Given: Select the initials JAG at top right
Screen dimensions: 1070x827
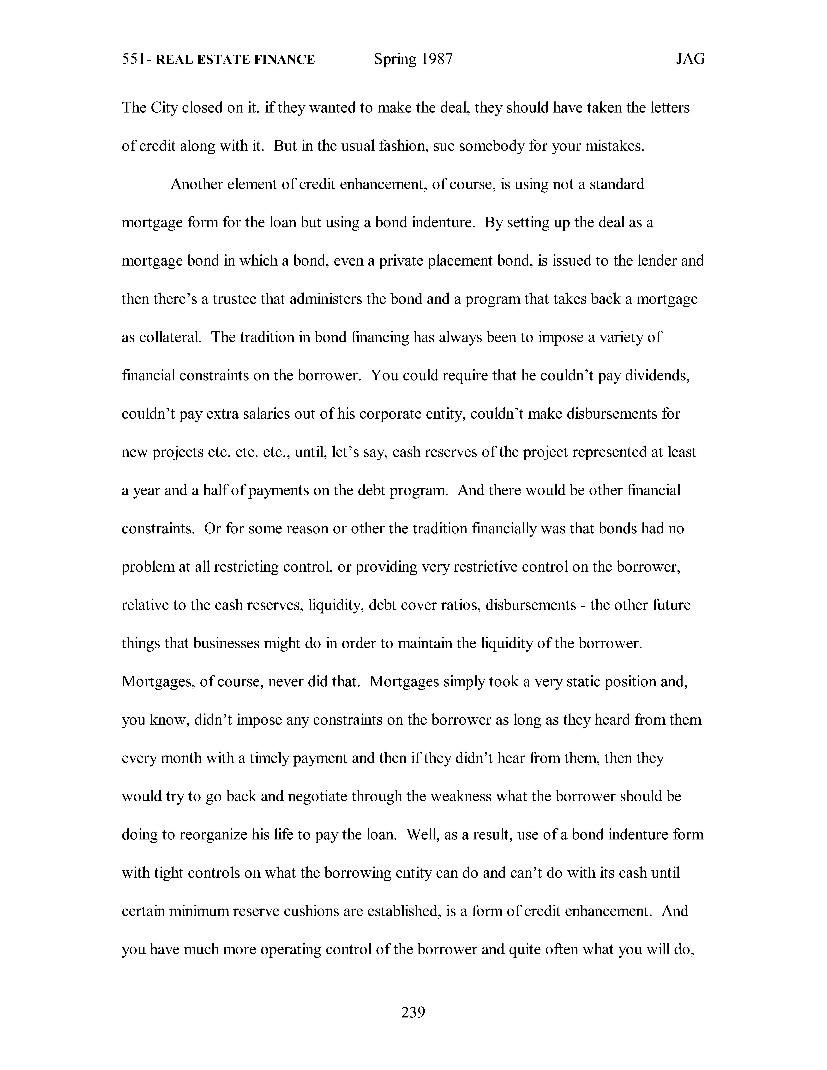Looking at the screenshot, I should click(691, 60).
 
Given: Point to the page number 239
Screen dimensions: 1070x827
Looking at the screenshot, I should click(413, 1012).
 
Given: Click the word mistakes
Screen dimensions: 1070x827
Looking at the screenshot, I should click(615, 146).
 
